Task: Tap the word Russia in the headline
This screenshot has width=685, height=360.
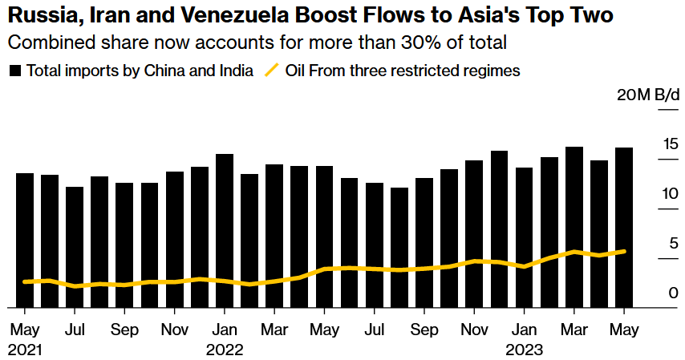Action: [40, 14]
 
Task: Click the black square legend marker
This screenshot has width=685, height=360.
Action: [15, 71]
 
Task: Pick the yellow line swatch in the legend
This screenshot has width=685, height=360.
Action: [271, 71]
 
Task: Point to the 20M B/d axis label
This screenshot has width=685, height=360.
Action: [647, 95]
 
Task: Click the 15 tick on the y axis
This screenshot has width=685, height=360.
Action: [671, 144]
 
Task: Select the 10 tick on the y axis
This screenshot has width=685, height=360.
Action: [671, 194]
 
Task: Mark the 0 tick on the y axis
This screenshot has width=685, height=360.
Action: [674, 293]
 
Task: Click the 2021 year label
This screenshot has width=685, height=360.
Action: [25, 350]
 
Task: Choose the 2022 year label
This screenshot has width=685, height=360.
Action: [225, 350]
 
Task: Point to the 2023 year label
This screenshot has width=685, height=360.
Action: [524, 350]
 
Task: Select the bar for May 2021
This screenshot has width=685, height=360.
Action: [25, 240]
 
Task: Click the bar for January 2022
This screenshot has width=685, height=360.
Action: [225, 230]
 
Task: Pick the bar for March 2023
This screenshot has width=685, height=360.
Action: [574, 227]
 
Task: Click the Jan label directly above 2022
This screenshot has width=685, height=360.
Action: [225, 330]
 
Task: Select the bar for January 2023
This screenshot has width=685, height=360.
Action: [524, 237]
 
